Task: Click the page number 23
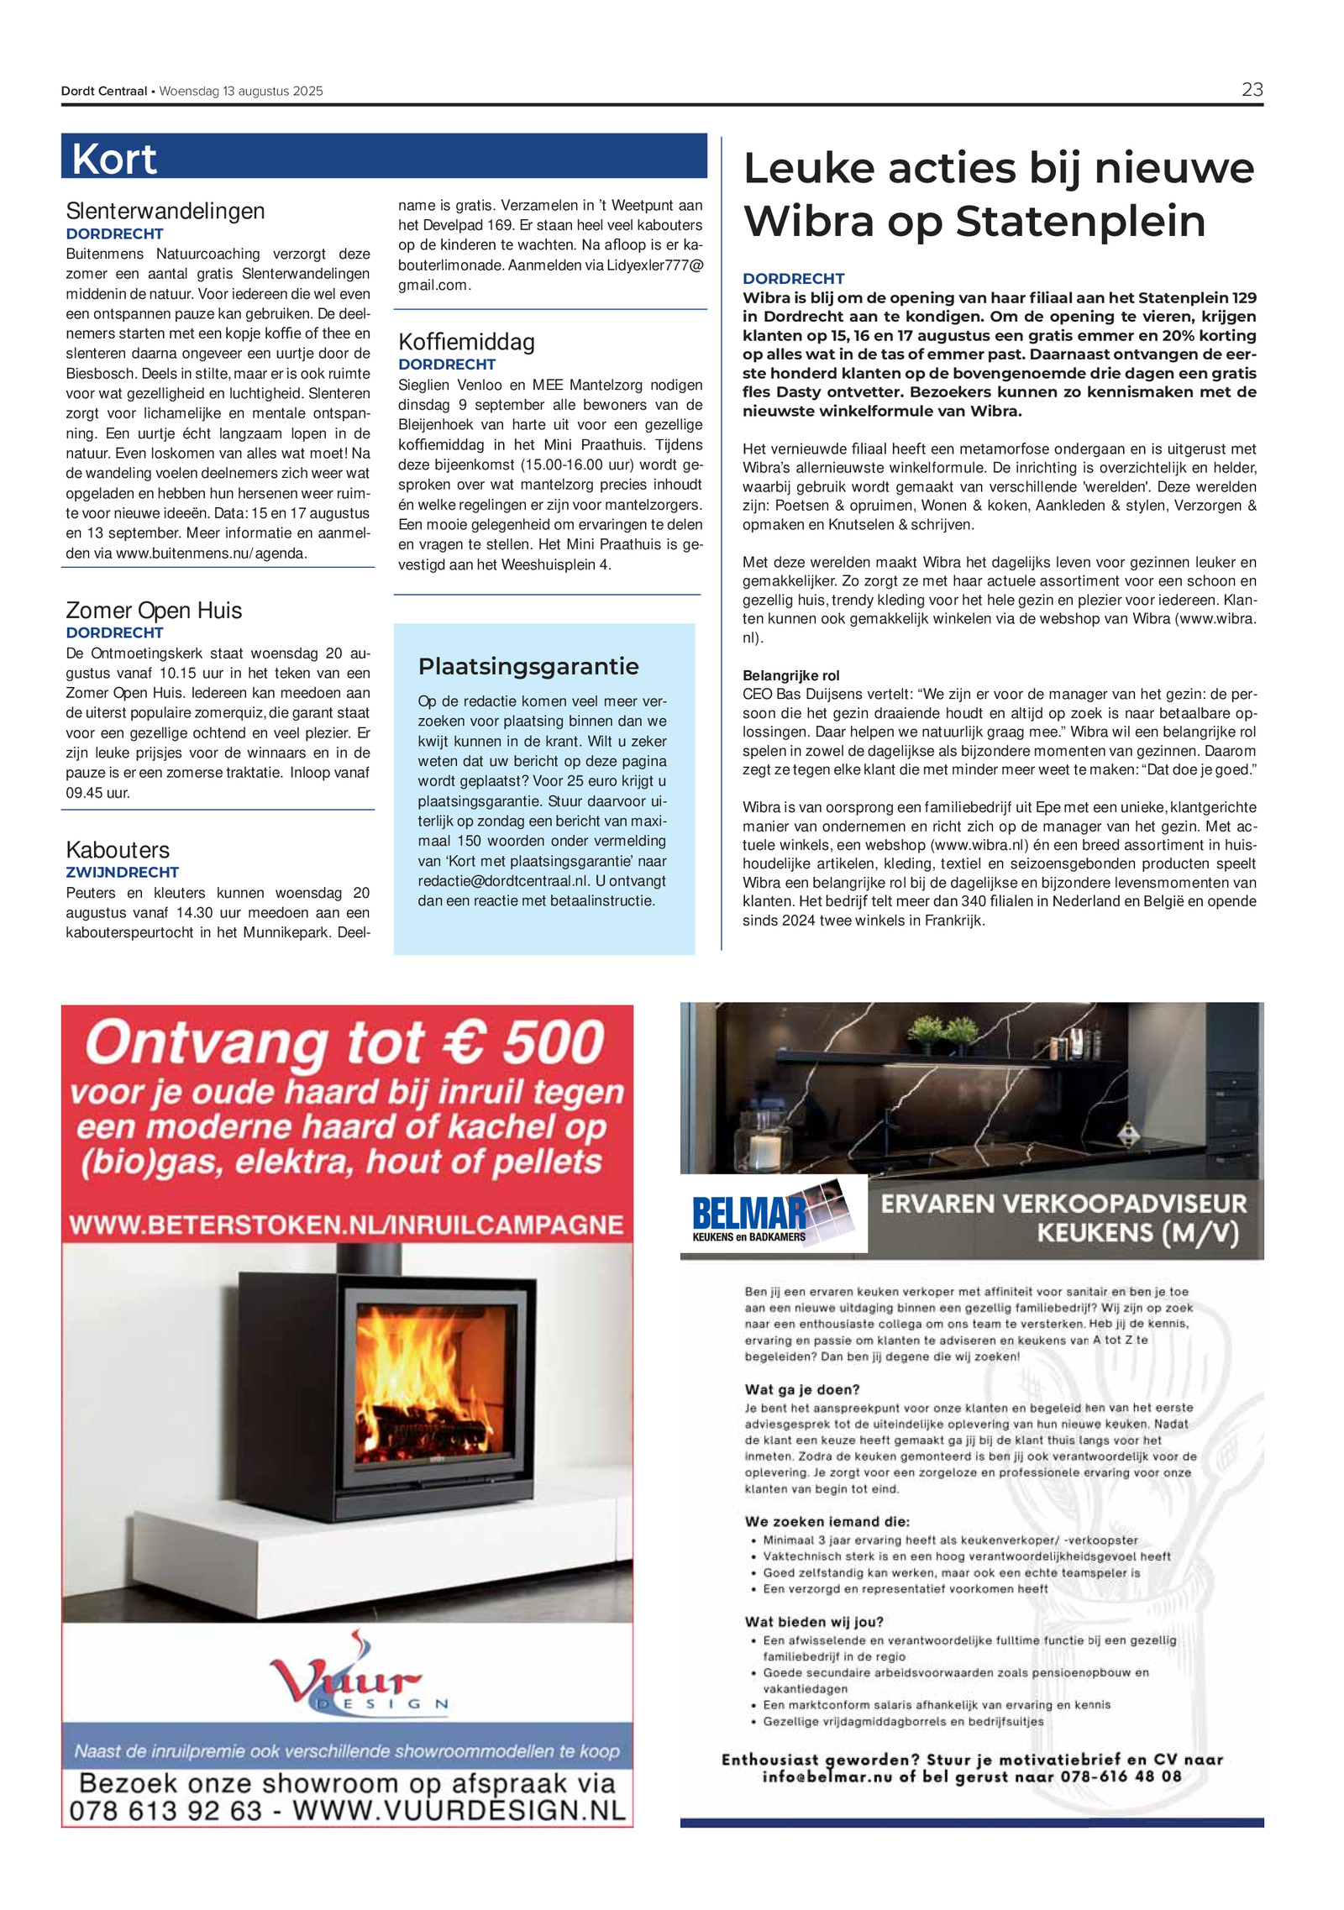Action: [1252, 90]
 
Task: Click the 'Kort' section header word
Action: [114, 159]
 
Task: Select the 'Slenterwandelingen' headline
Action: [165, 211]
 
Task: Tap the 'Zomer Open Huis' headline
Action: [154, 610]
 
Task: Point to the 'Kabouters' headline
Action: [118, 849]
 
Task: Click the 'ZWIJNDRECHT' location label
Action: [122, 872]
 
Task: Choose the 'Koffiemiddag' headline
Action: [466, 342]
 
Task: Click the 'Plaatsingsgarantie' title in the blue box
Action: [528, 666]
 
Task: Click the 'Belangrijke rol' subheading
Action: [790, 675]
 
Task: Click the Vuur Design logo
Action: [357, 1678]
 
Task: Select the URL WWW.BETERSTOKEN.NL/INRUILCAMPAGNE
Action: [346, 1225]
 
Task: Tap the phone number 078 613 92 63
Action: [165, 1810]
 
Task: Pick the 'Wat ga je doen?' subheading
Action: [801, 1390]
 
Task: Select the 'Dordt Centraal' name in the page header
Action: [104, 91]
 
